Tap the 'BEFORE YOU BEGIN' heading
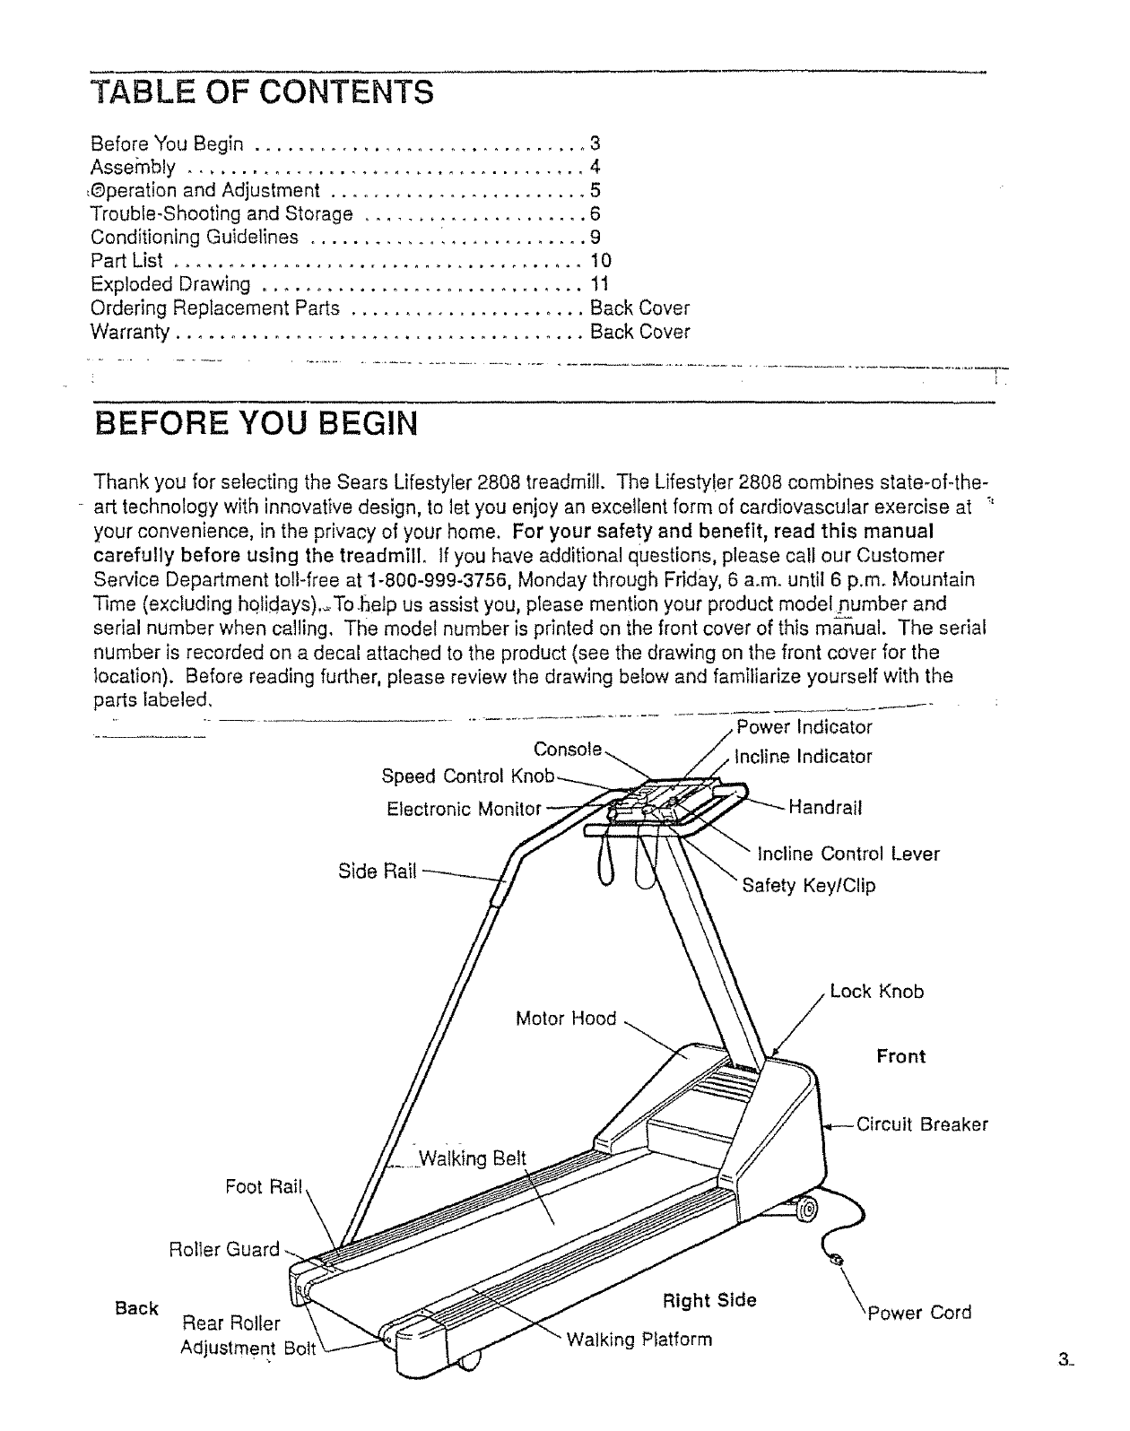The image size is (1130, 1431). (256, 421)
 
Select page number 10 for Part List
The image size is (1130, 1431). (600, 261)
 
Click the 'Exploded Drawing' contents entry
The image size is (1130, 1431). (171, 284)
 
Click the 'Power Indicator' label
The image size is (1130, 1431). (804, 727)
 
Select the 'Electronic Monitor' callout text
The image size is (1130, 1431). (464, 810)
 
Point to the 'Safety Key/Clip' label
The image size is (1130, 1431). (808, 886)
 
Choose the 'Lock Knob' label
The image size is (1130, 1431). (876, 992)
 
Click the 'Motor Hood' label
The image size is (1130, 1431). (566, 1019)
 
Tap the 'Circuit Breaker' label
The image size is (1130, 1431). (922, 1124)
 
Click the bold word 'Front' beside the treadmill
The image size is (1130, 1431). (900, 1056)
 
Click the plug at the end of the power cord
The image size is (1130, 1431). (839, 1260)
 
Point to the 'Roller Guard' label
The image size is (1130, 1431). (224, 1250)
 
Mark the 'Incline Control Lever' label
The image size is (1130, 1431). (848, 854)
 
